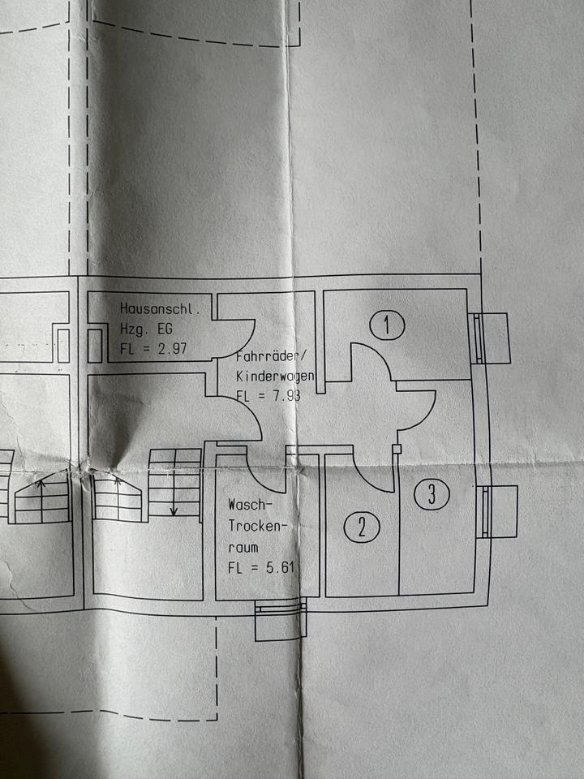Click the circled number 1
pos(389,326)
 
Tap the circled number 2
pos(362,527)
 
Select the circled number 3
pos(432,494)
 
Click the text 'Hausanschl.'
pos(165,309)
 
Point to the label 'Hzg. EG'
pos(146,329)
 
